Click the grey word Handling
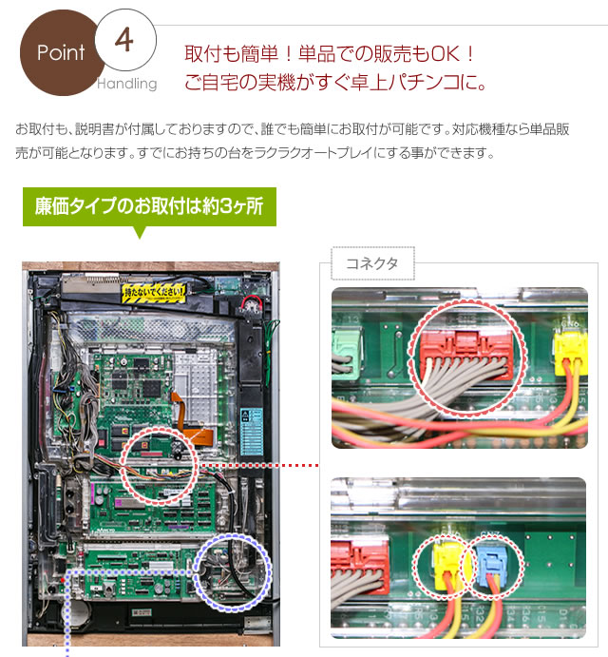point(126,84)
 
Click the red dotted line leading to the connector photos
point(256,466)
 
